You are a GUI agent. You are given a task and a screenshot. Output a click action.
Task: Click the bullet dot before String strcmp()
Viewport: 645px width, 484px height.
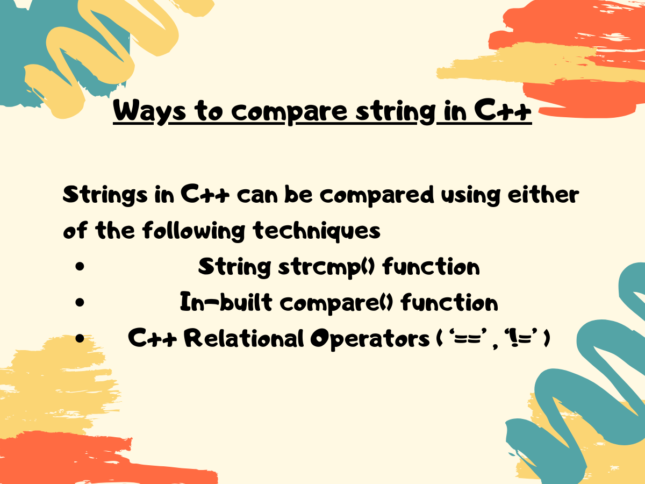click(80, 267)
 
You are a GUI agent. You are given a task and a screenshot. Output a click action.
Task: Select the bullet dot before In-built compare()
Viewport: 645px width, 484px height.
click(80, 303)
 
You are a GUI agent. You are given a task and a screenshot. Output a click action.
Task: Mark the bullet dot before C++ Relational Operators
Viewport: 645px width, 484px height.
click(80, 339)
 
